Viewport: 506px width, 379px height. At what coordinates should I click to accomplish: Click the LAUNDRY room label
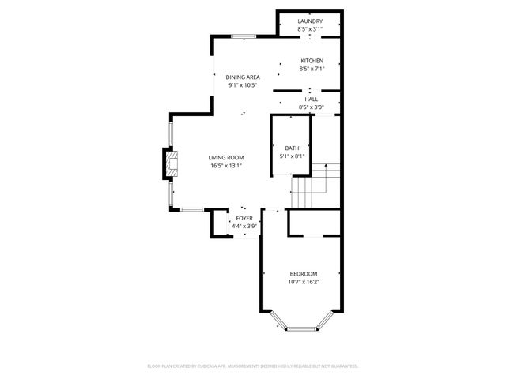point(309,21)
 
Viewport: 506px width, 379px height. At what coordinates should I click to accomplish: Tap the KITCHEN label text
point(312,61)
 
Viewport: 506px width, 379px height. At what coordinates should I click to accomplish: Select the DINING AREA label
point(243,77)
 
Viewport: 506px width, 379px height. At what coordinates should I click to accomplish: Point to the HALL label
point(312,99)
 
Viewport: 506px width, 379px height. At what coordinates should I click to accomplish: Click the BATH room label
point(292,148)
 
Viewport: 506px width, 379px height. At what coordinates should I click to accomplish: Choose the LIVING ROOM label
point(225,158)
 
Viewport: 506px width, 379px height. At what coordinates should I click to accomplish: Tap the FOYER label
point(244,218)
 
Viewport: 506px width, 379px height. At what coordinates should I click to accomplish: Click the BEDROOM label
point(304,273)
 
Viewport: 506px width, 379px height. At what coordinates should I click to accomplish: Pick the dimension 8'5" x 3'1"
point(309,28)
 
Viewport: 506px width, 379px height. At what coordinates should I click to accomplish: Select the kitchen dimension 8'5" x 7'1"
point(312,69)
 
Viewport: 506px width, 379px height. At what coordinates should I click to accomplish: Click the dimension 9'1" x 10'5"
point(243,85)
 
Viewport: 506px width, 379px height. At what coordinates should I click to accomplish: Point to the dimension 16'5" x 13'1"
point(225,166)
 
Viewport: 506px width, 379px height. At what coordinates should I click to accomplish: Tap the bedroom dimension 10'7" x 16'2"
point(304,281)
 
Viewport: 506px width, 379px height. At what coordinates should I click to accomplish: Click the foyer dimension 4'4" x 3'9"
point(244,226)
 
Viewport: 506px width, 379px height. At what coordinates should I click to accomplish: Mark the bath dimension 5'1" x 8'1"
point(292,156)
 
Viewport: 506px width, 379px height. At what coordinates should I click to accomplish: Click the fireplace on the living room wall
point(169,163)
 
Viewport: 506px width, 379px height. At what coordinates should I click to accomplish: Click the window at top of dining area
point(244,36)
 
